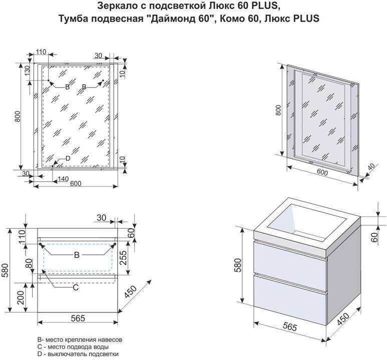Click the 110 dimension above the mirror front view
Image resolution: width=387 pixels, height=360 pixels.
[x=41, y=52]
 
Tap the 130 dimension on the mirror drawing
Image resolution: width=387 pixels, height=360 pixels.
[x=27, y=71]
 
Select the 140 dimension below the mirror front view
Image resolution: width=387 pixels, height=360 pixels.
[x=63, y=179]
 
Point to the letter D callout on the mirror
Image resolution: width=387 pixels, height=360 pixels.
[x=68, y=158]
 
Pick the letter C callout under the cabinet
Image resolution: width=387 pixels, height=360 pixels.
[x=76, y=287]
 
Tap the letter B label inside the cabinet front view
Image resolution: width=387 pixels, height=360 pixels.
[x=77, y=255]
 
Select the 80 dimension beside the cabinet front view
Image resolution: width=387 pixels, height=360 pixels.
[x=29, y=263]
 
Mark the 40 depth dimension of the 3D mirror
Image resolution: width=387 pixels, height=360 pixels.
[x=371, y=167]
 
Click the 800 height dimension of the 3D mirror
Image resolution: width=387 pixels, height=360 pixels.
[x=278, y=110]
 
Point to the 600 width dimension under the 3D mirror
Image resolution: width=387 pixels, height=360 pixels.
[x=322, y=172]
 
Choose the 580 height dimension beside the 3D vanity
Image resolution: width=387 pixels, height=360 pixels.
[x=237, y=265]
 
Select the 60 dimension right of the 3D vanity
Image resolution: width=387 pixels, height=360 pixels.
[x=374, y=237]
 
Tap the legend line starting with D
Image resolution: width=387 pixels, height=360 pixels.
[x=78, y=354]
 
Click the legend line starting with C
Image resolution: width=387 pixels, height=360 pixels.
[x=73, y=347]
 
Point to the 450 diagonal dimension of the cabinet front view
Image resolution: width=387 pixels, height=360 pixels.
[x=130, y=292]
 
